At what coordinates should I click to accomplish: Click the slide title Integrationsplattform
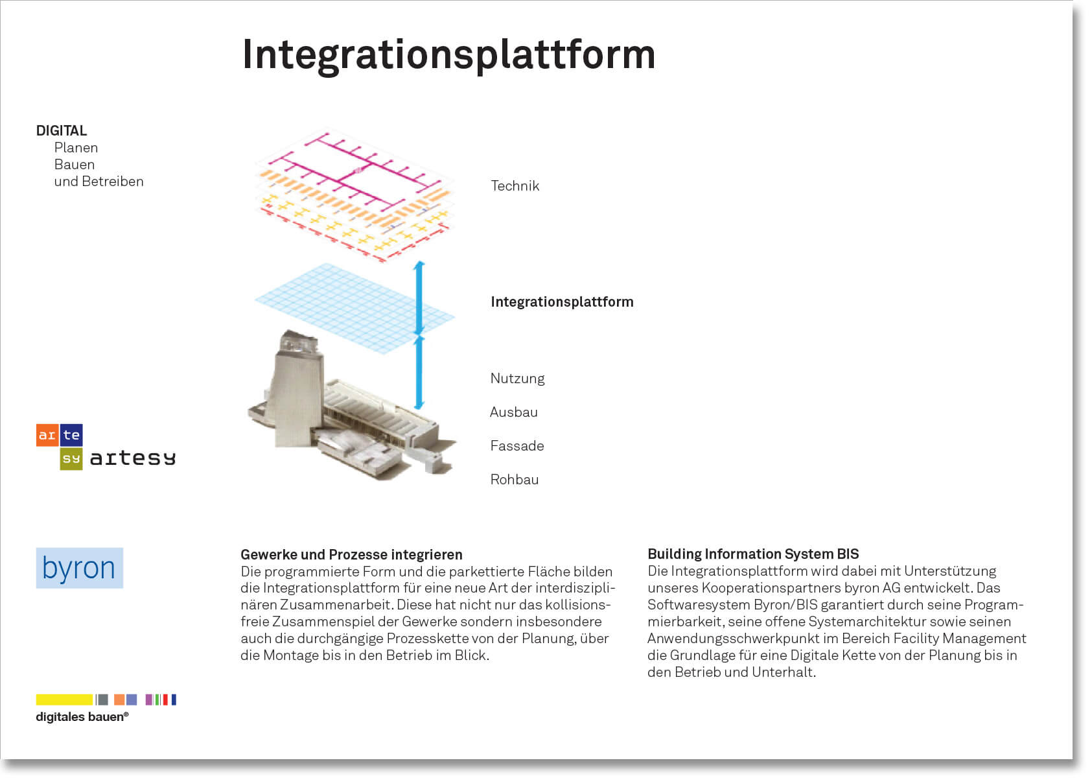pos(448,54)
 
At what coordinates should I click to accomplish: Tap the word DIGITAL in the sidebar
pos(62,131)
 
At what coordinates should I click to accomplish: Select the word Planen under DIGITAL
pos(76,148)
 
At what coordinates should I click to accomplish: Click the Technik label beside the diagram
pos(515,186)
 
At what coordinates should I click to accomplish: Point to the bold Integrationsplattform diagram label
pos(562,302)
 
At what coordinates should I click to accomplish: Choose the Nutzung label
pos(517,379)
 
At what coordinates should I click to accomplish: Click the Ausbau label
pos(513,412)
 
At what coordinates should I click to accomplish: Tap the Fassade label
pos(517,446)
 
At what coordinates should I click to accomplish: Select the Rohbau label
pos(514,480)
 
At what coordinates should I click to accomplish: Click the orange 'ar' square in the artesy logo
pos(47,435)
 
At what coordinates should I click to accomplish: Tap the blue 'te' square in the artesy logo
pos(71,435)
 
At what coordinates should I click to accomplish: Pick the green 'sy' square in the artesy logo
pos(71,459)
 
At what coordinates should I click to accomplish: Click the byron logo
pos(79,569)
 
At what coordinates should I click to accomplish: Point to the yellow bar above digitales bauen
pos(64,700)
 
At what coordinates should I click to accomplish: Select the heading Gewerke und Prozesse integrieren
pos(351,555)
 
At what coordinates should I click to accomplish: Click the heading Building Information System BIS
pos(753,554)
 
